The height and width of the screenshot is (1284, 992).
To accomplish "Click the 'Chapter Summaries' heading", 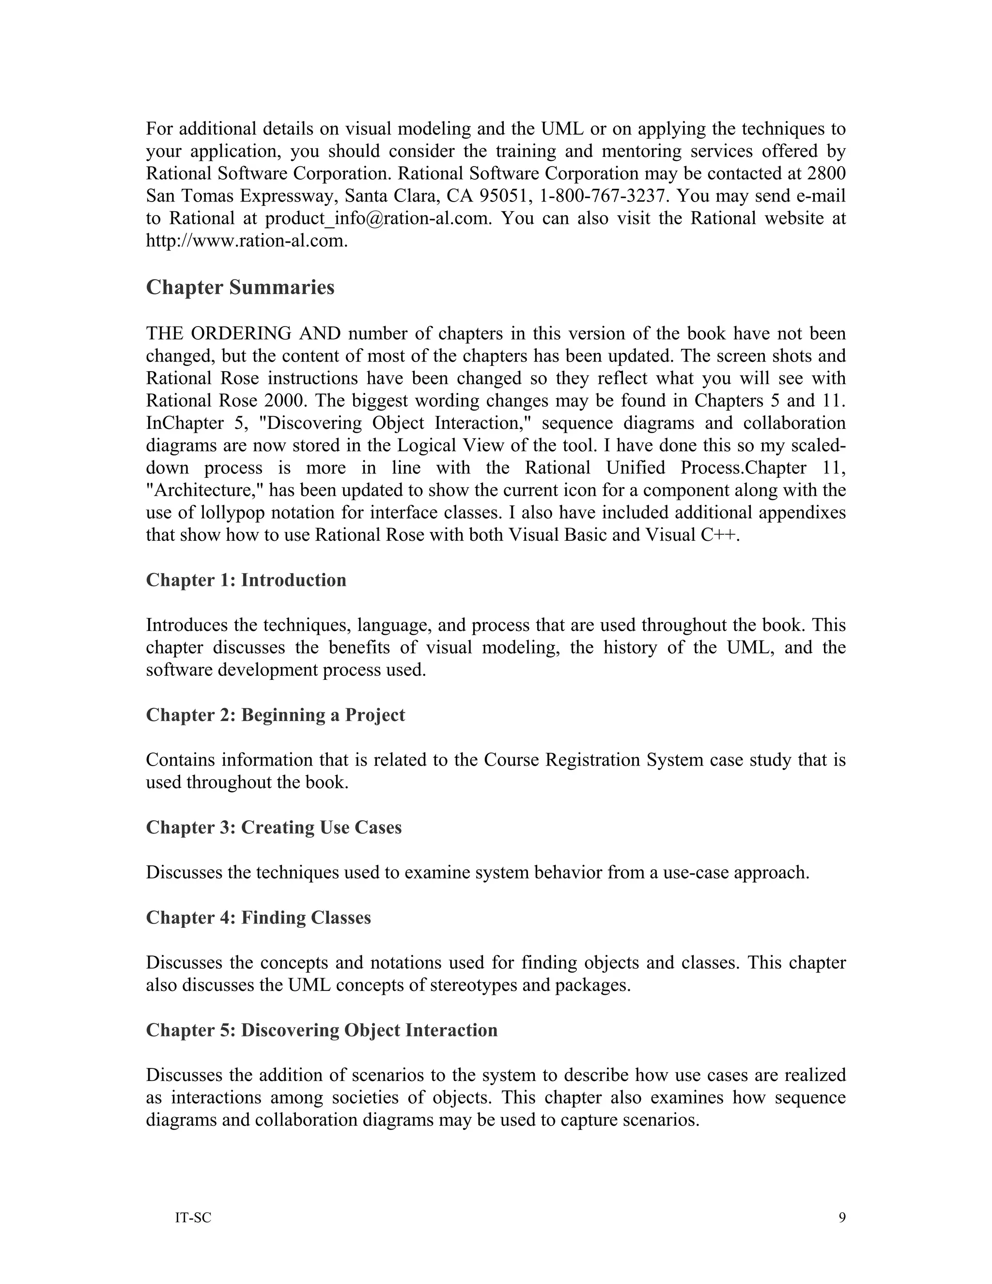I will (x=240, y=287).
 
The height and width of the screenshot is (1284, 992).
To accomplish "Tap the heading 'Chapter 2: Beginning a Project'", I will (x=275, y=714).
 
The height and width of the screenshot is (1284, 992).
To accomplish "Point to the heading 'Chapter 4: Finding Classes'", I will (x=258, y=917).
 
